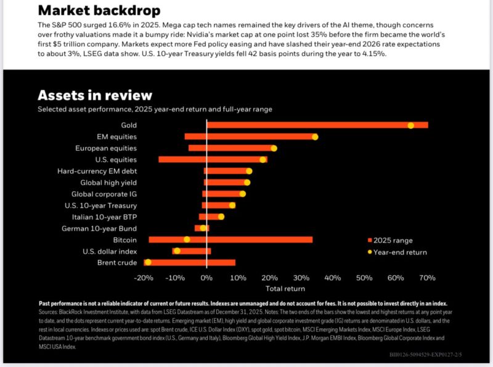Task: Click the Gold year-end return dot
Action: click(x=410, y=125)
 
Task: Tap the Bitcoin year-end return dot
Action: click(x=187, y=239)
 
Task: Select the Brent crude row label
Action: click(x=117, y=263)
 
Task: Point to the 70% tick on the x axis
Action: click(x=427, y=278)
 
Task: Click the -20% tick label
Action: click(x=144, y=278)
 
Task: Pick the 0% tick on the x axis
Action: click(x=206, y=278)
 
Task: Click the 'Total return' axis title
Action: click(x=285, y=288)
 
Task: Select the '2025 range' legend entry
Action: click(x=393, y=240)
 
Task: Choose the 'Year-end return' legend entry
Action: click(x=399, y=252)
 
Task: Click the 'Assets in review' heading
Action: click(x=94, y=95)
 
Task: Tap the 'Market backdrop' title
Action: click(x=99, y=10)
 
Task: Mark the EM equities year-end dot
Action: click(x=315, y=136)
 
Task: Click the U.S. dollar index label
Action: click(x=110, y=251)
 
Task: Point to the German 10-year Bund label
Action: click(x=99, y=228)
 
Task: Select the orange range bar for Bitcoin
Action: click(x=246, y=239)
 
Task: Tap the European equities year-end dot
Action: click(x=274, y=148)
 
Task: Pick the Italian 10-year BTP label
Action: click(x=102, y=216)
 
